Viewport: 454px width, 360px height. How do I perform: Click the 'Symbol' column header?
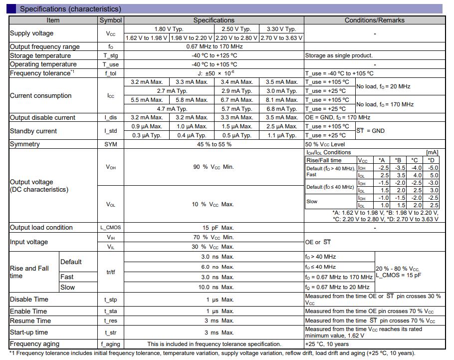click(x=111, y=20)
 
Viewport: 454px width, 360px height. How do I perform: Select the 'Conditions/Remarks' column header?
click(x=374, y=20)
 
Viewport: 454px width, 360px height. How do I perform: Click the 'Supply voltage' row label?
click(x=31, y=33)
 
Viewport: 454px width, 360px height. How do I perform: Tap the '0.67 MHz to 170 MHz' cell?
click(x=214, y=46)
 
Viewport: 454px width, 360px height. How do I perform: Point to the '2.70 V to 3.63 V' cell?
click(x=281, y=38)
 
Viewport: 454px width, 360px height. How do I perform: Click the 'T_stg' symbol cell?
click(x=111, y=55)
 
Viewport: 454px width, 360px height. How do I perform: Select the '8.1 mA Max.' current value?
click(x=281, y=100)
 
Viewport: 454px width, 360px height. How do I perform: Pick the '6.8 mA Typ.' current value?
click(x=281, y=109)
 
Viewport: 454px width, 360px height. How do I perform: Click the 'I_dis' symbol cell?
click(x=111, y=118)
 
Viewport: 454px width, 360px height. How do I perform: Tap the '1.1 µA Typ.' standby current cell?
click(x=281, y=135)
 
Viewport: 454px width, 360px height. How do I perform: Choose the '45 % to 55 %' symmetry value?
click(x=214, y=144)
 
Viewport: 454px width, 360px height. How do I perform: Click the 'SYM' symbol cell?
click(x=111, y=144)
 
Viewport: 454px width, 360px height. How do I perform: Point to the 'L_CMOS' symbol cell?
click(x=111, y=228)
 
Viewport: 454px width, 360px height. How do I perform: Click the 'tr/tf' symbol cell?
click(x=111, y=272)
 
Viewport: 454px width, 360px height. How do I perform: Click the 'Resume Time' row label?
click(x=30, y=321)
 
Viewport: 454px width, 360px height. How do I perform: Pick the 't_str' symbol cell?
click(x=111, y=333)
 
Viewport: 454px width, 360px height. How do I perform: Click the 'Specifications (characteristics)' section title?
click(x=70, y=9)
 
